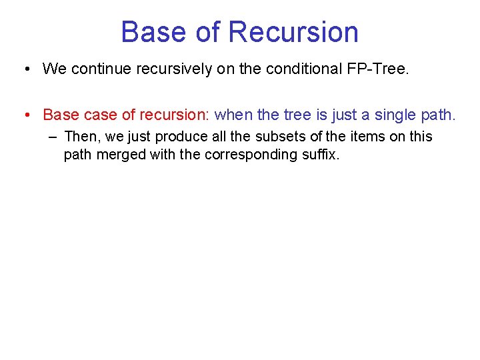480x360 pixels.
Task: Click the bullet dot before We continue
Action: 24,69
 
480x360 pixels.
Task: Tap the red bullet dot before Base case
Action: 24,115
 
